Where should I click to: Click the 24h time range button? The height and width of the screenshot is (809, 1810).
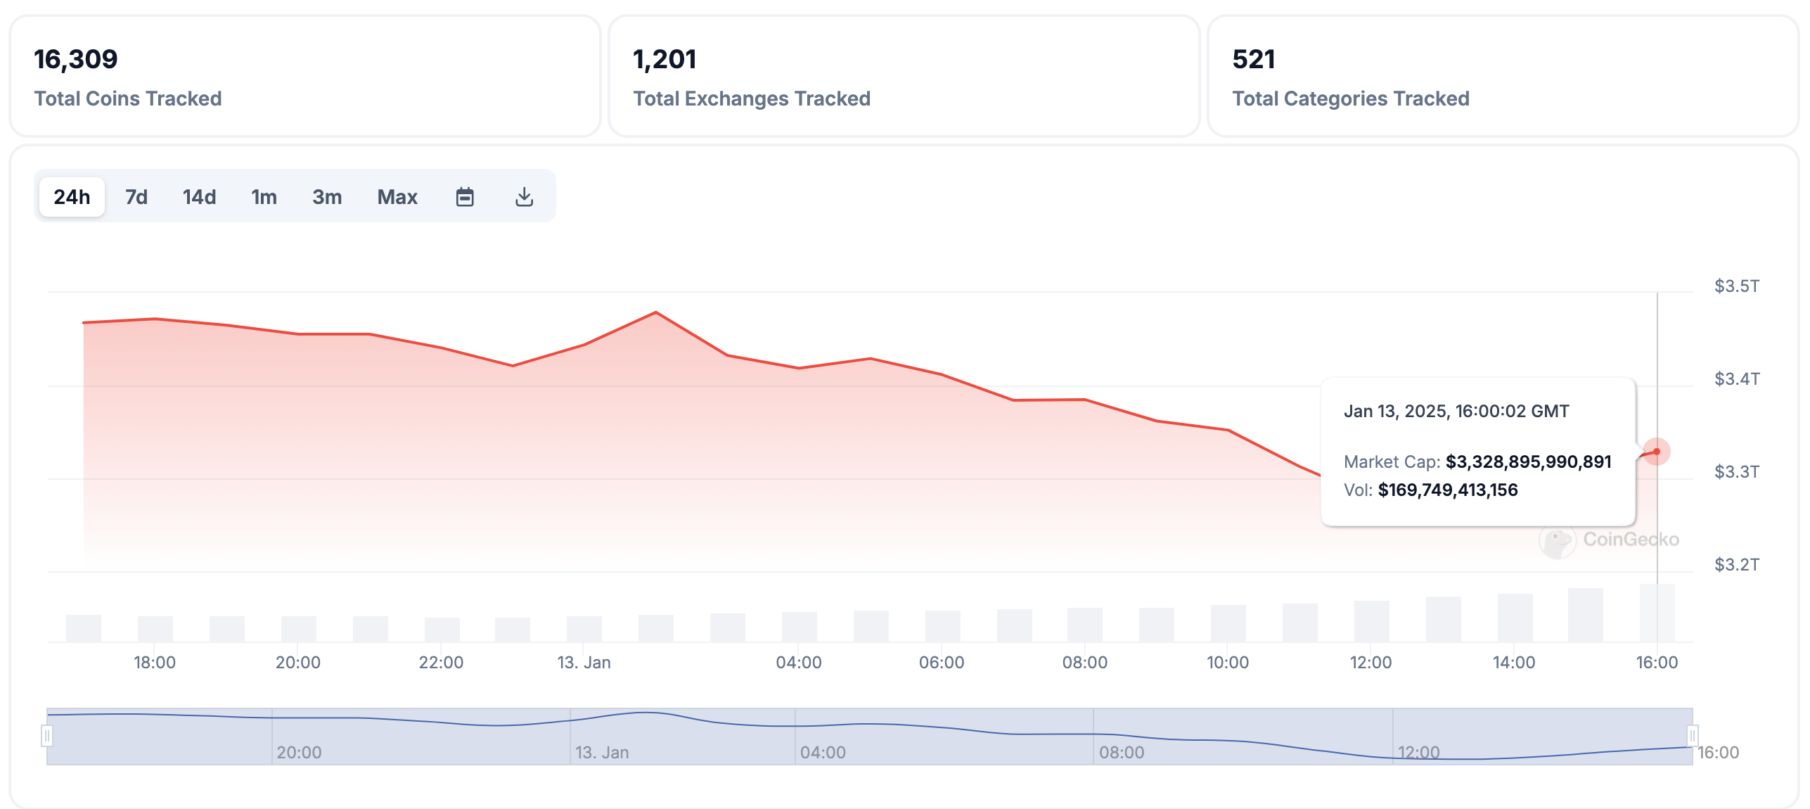click(72, 197)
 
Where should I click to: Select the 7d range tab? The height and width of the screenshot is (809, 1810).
click(136, 197)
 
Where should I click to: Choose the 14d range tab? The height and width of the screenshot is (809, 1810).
click(199, 197)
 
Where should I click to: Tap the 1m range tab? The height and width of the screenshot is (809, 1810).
click(264, 197)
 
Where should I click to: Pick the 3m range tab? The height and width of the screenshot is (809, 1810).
click(327, 197)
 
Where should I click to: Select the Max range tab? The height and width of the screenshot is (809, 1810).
click(397, 197)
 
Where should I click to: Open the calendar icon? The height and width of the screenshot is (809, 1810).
click(465, 197)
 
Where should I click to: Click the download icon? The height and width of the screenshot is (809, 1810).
click(524, 197)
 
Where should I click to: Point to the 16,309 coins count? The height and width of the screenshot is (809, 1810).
click(76, 59)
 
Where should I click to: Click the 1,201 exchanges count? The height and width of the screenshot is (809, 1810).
click(665, 59)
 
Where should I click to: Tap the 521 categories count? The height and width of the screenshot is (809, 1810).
click(1254, 59)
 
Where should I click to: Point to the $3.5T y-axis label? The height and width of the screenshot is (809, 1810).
click(1737, 286)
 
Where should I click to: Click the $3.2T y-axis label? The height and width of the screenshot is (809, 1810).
click(1737, 565)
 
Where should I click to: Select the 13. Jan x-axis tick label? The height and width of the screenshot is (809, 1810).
click(584, 663)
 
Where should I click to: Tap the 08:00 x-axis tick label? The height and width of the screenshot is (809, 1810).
click(1084, 663)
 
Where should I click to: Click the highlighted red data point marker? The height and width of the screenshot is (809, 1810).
click(1657, 452)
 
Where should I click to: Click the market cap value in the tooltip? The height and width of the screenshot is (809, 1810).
click(1528, 462)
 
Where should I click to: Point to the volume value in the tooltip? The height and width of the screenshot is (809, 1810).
click(1448, 490)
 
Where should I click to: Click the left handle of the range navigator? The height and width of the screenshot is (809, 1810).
click(47, 736)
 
